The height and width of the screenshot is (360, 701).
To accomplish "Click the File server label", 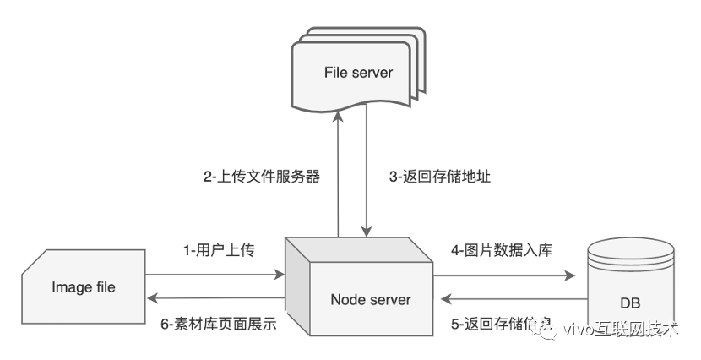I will click(358, 72).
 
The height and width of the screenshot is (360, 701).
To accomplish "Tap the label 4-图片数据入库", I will click(502, 250).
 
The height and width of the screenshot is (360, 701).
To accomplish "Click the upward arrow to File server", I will click(339, 177).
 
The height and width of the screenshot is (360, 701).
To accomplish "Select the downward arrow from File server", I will click(367, 177).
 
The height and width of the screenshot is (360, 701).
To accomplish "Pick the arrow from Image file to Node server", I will click(215, 275).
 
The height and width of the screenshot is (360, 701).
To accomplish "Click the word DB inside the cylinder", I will click(629, 303).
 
